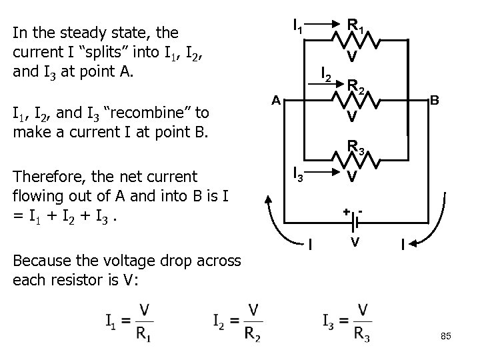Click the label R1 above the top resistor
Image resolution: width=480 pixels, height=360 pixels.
click(355, 27)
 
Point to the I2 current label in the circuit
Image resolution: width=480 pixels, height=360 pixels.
click(326, 73)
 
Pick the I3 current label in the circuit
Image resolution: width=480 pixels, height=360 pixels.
click(299, 176)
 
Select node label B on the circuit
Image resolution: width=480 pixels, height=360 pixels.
click(434, 101)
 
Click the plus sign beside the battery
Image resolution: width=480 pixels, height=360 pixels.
click(346, 211)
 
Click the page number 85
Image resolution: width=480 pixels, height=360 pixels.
click(446, 337)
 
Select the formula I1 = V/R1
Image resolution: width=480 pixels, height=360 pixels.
click(127, 321)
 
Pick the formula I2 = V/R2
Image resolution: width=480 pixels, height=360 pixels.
click(236, 321)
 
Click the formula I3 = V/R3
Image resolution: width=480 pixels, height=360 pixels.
click(346, 321)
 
